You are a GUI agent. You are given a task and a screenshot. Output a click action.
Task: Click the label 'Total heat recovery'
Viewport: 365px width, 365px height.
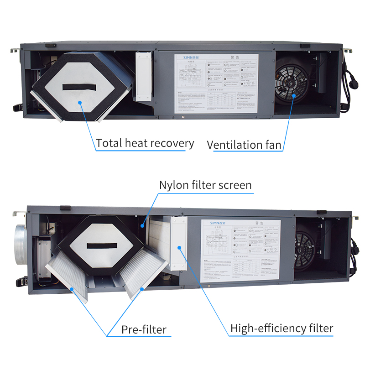tap(145, 143)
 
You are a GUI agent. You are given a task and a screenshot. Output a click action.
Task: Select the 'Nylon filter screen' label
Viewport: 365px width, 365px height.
tap(205, 185)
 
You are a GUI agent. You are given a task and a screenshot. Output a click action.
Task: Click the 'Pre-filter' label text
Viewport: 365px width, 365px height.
tap(144, 329)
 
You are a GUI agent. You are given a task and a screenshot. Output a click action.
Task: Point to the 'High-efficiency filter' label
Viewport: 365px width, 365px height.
tap(282, 328)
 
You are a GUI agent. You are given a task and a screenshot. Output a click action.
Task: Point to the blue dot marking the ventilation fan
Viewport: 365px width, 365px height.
tap(294, 95)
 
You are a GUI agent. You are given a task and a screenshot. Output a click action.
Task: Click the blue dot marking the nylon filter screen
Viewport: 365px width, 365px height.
tap(142, 225)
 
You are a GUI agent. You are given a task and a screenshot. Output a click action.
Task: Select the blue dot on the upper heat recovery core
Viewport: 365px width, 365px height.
tap(80, 103)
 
